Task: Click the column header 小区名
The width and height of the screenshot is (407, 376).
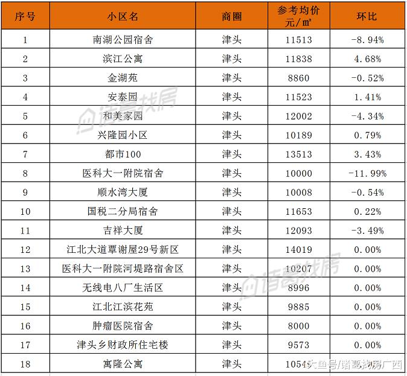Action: click(x=123, y=16)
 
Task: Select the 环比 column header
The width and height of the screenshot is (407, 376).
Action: click(x=366, y=16)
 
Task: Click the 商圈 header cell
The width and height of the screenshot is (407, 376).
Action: click(x=232, y=16)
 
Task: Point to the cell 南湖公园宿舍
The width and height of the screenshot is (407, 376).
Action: click(x=123, y=40)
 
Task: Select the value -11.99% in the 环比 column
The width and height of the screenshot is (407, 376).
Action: click(x=367, y=173)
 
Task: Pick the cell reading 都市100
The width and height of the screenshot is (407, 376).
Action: click(x=123, y=155)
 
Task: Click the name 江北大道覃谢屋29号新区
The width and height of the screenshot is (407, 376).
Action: click(x=123, y=249)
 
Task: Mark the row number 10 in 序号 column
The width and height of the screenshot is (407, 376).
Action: click(x=25, y=211)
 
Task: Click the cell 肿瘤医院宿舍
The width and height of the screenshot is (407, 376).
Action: click(x=123, y=326)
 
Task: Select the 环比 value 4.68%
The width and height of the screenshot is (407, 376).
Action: click(x=367, y=59)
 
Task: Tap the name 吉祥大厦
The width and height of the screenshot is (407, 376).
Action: click(x=123, y=231)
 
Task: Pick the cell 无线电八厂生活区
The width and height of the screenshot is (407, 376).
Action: click(x=123, y=288)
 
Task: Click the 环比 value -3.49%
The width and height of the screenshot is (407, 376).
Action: click(x=367, y=231)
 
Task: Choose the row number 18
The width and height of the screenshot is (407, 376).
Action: click(x=25, y=364)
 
